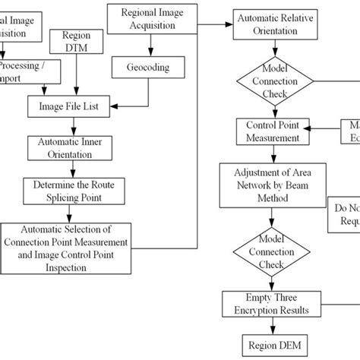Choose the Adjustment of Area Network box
(x=270, y=185)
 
